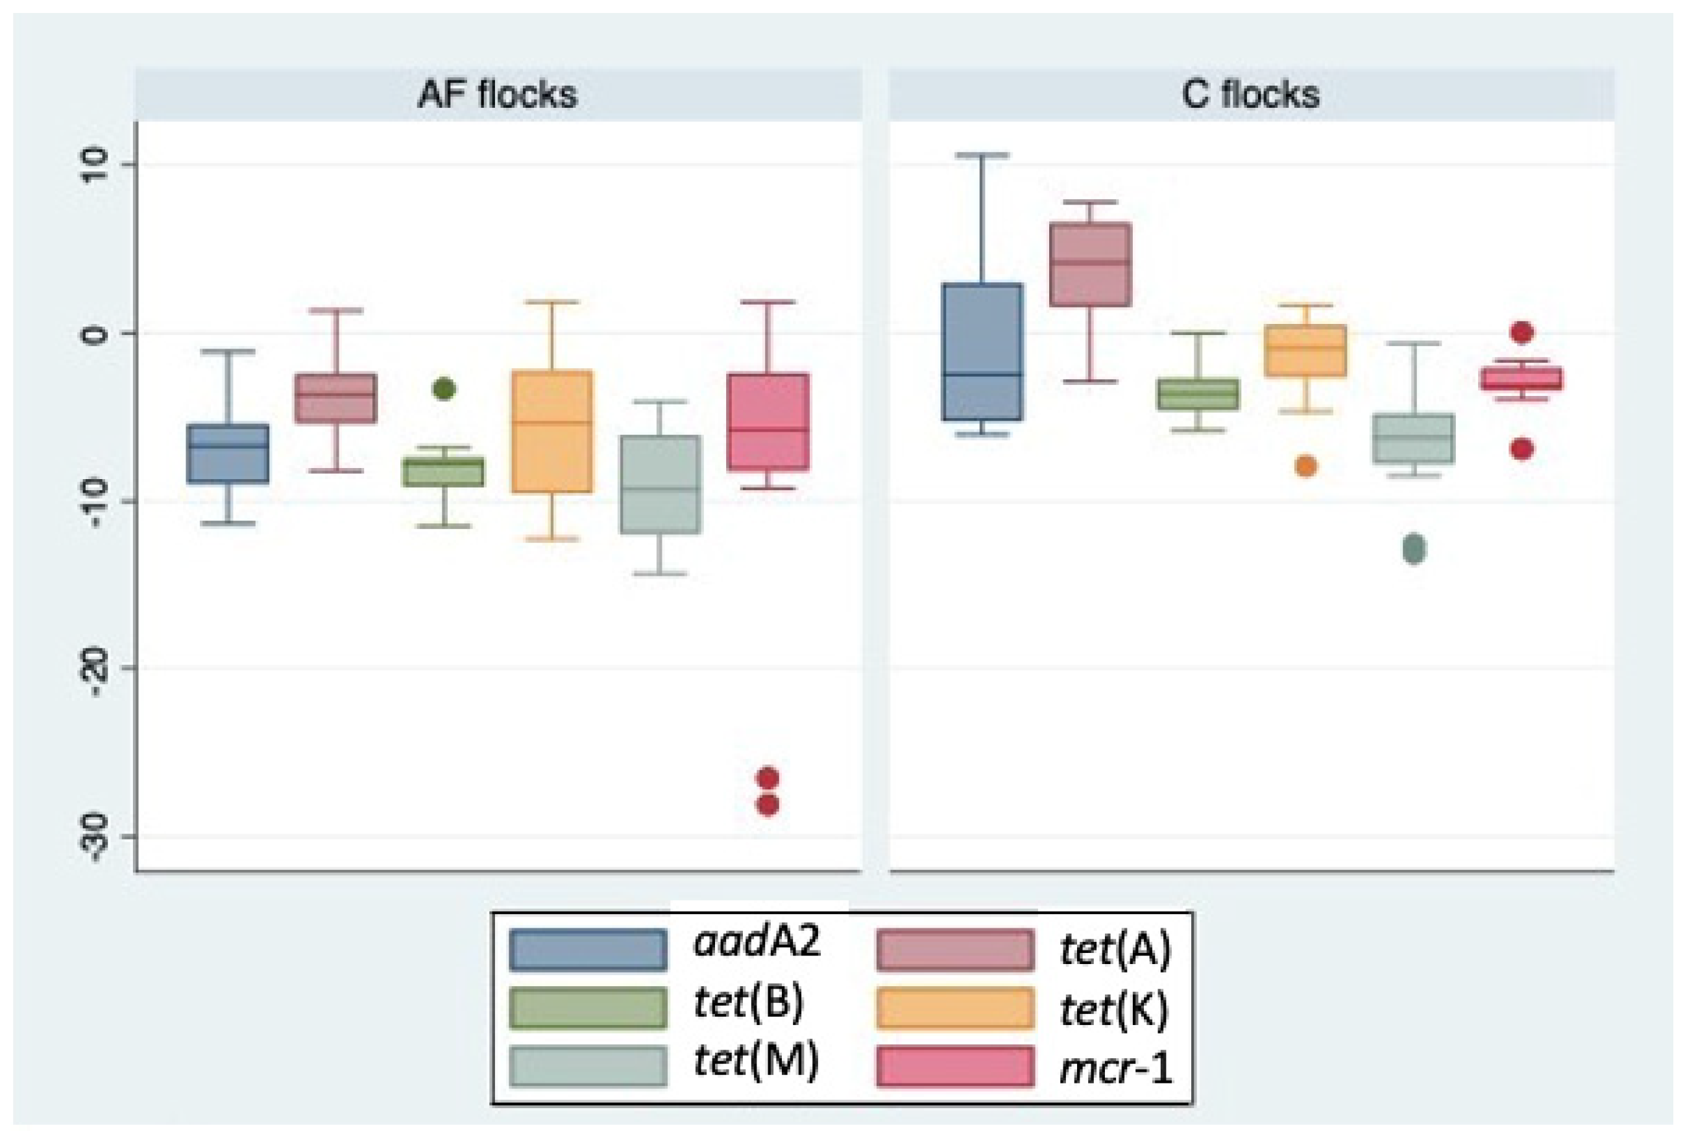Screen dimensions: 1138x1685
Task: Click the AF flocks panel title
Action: (498, 95)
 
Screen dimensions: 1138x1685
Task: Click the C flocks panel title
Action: (1251, 95)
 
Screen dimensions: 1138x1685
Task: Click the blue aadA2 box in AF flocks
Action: (228, 453)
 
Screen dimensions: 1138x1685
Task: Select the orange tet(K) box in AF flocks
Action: (553, 432)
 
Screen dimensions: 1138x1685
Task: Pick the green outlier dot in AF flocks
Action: (444, 390)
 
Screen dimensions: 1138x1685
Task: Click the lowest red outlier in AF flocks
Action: (768, 805)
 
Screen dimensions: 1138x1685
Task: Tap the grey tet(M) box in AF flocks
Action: (660, 484)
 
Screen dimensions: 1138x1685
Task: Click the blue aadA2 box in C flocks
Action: (982, 352)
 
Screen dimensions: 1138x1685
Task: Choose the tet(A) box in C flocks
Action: (1091, 265)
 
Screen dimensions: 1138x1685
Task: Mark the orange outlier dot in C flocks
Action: (1306, 466)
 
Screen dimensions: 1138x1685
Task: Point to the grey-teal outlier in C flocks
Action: (1414, 549)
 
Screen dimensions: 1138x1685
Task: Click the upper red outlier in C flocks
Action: (1522, 333)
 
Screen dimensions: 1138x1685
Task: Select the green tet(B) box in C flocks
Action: (1198, 394)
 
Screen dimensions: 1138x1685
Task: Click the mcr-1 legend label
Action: (1115, 1068)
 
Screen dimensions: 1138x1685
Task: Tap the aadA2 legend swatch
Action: (587, 950)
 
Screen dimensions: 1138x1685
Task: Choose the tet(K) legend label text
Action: (1115, 1009)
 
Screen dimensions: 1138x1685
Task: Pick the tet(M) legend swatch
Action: (587, 1066)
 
